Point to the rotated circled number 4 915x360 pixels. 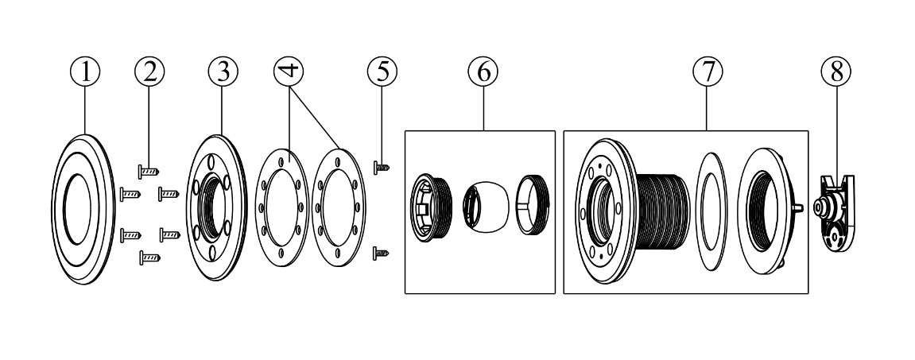[x=289, y=70]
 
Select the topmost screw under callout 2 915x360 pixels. [x=149, y=170]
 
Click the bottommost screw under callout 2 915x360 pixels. [x=150, y=257]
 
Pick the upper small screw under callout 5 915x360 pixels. [x=381, y=167]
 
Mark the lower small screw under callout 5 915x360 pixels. [x=381, y=253]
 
